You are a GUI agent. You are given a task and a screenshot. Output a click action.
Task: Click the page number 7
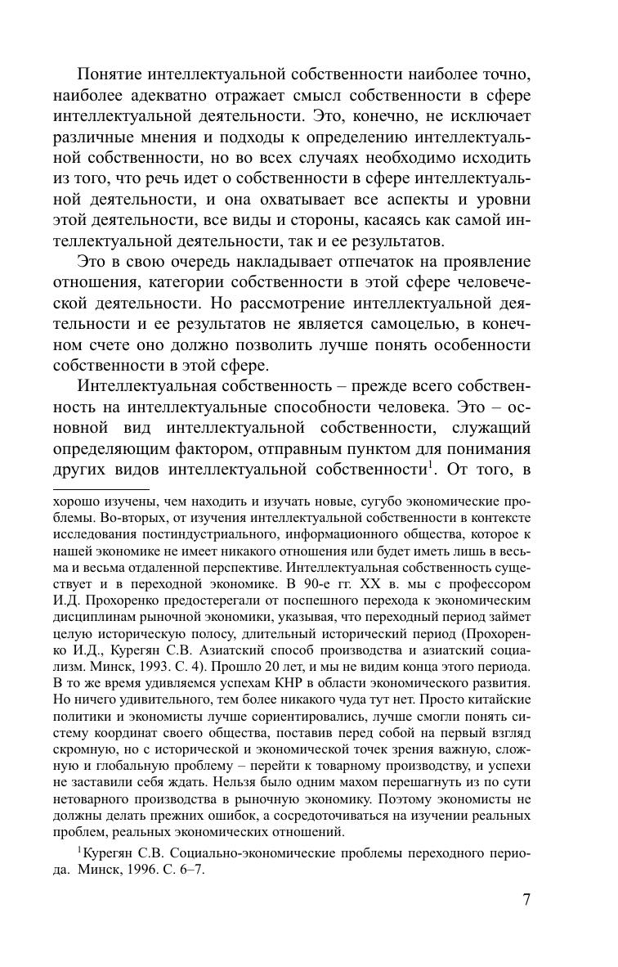(526, 901)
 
